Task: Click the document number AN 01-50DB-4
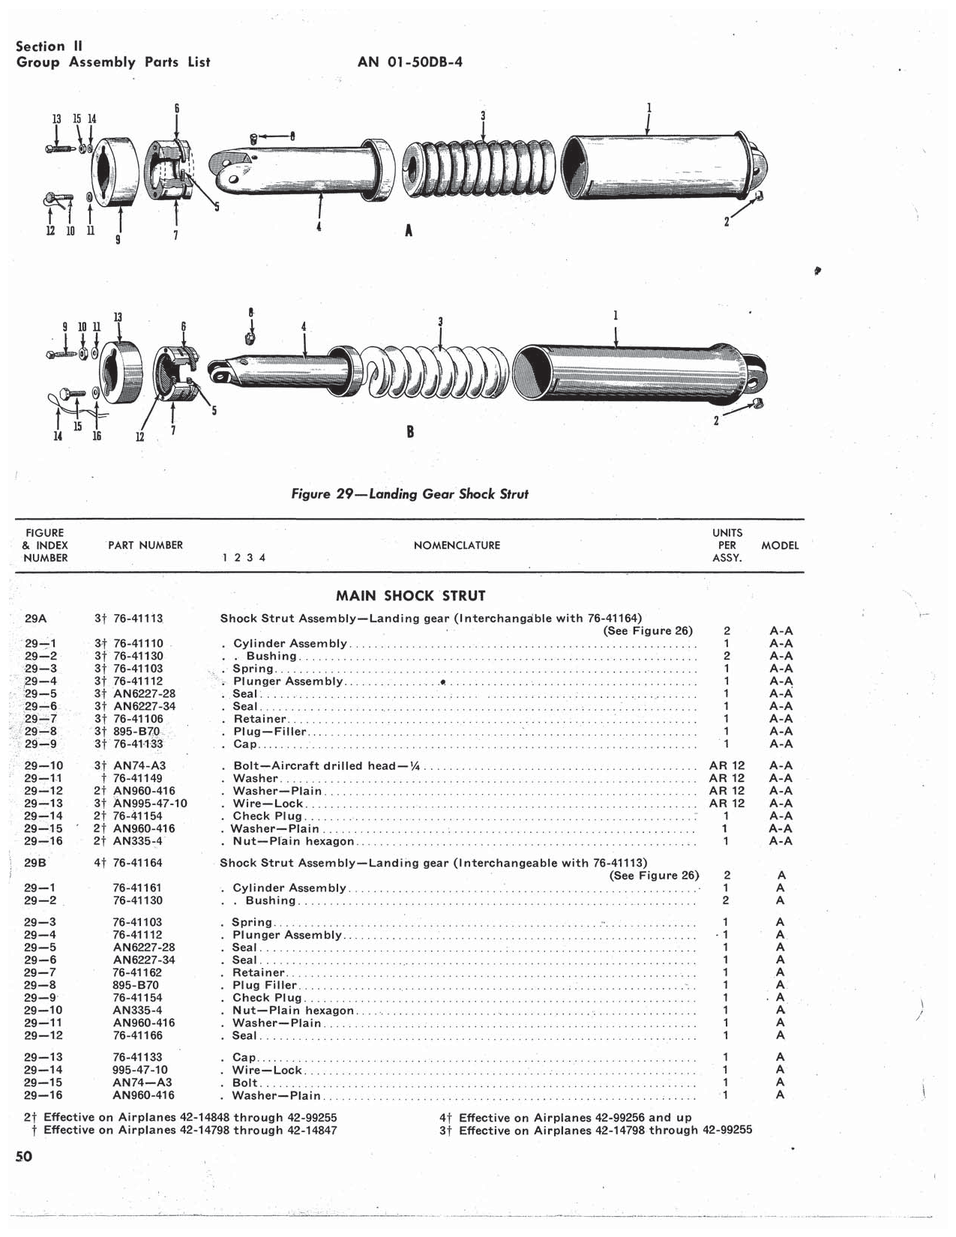pyautogui.click(x=409, y=62)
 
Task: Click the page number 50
pyautogui.click(x=24, y=1156)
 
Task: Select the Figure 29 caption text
pyautogui.click(x=409, y=494)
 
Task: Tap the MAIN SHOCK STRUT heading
pyautogui.click(x=410, y=596)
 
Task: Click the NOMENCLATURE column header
pyautogui.click(x=457, y=545)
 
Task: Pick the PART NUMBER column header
pyautogui.click(x=145, y=545)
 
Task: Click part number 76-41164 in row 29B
pyautogui.click(x=138, y=863)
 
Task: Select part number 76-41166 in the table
pyautogui.click(x=138, y=1035)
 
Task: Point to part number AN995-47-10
pyautogui.click(x=150, y=804)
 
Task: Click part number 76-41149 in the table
pyautogui.click(x=138, y=778)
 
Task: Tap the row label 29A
pyautogui.click(x=35, y=618)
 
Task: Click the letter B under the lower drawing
pyautogui.click(x=410, y=432)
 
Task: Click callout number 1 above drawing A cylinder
pyautogui.click(x=649, y=108)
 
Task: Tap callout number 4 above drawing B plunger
pyautogui.click(x=304, y=327)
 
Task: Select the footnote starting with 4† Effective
pyautogui.click(x=565, y=1117)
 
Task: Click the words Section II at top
pyautogui.click(x=49, y=46)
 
